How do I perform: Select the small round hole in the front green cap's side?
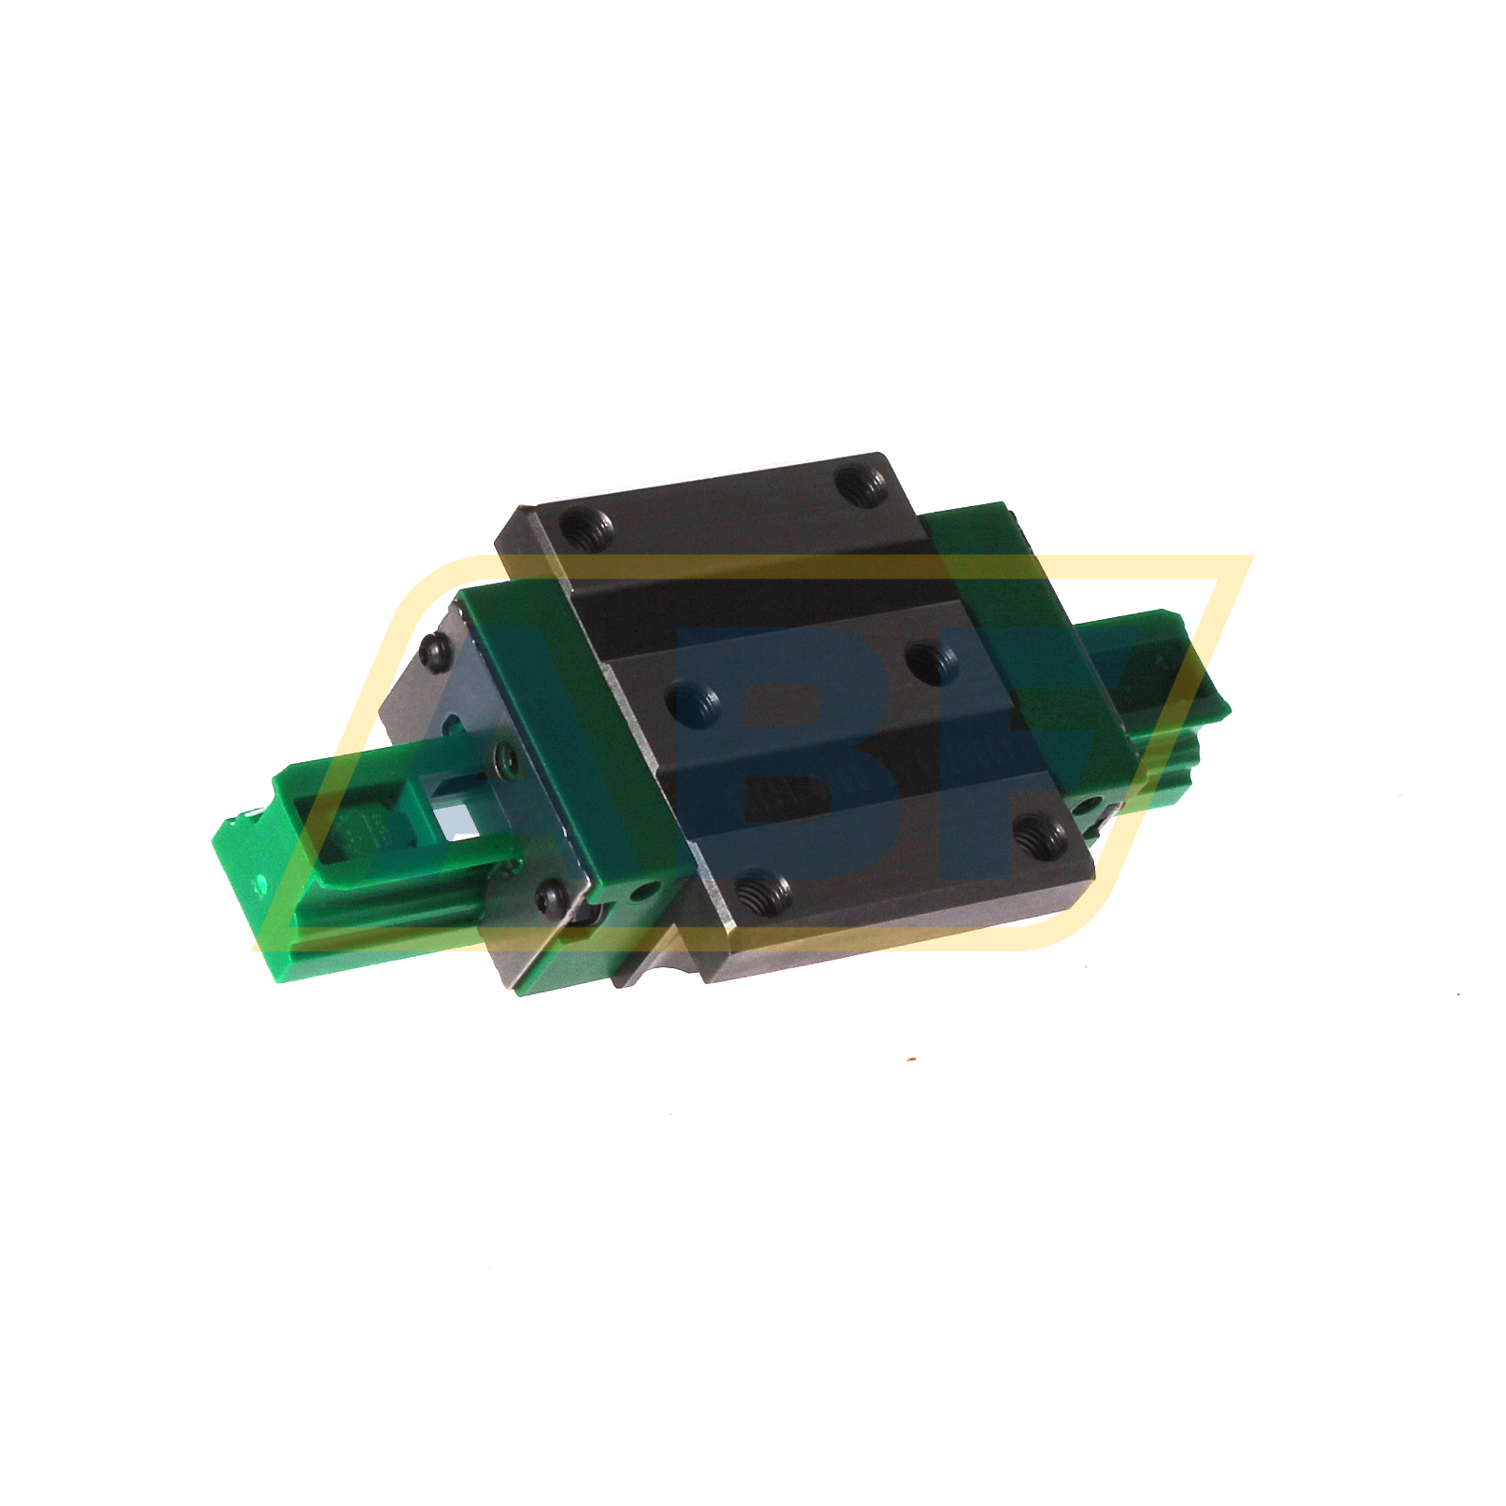(640, 894)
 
